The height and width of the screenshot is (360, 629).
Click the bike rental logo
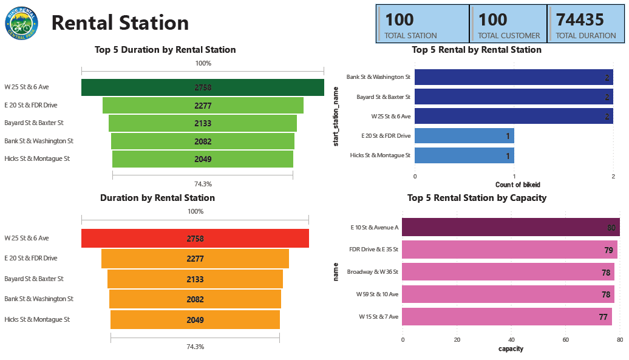[21, 23]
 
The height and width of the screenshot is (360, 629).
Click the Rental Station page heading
[120, 23]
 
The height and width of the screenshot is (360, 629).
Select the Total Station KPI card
[423, 24]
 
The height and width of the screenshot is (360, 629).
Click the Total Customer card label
[509, 36]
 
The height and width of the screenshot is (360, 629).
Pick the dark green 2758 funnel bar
[202, 87]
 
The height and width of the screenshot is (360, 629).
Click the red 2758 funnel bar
[195, 239]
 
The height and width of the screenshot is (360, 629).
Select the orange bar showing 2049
[195, 320]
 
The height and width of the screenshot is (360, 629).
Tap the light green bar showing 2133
[202, 123]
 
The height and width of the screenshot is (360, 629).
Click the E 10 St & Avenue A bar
[510, 228]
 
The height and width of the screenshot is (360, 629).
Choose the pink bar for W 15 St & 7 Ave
[506, 317]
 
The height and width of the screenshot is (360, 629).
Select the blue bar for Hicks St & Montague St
[464, 155]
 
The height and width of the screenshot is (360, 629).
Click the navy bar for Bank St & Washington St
[513, 78]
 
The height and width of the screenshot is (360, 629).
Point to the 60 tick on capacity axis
[565, 340]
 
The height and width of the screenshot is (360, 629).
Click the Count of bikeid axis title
[517, 185]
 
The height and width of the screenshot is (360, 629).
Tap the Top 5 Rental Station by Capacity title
[477, 198]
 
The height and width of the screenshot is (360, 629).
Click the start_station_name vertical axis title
[336, 117]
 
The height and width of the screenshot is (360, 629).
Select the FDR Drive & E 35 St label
[374, 250]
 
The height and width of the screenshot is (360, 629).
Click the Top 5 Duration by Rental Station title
[165, 50]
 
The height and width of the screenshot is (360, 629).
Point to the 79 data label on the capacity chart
[608, 250]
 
